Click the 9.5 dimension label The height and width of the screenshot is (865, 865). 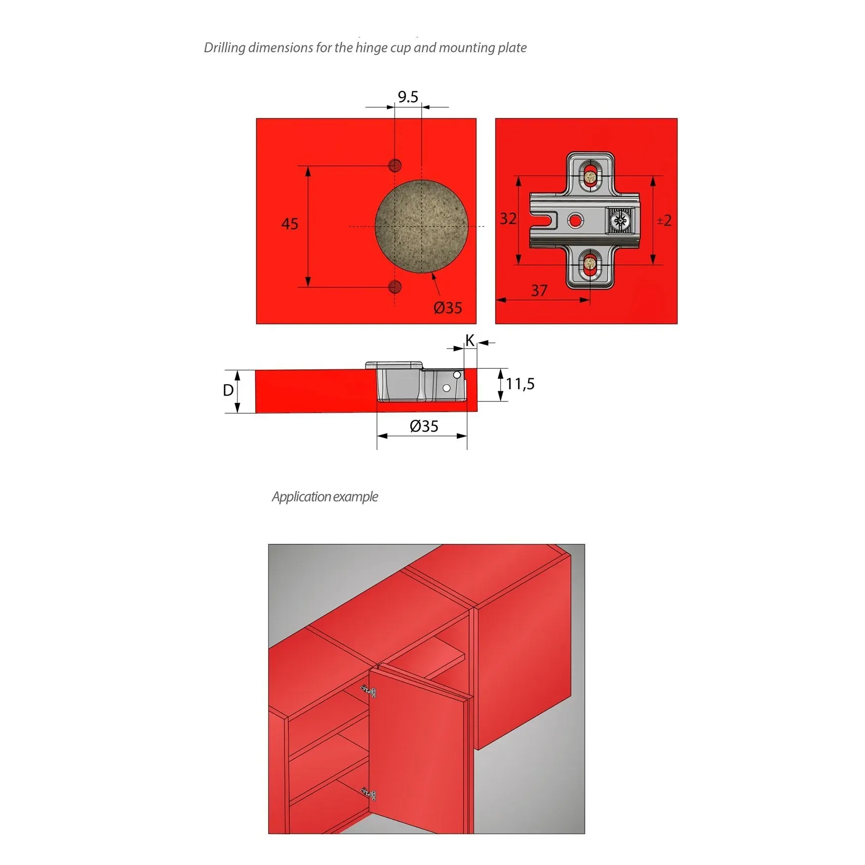(408, 97)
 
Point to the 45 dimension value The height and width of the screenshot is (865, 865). (290, 224)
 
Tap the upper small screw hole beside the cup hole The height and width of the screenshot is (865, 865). (395, 165)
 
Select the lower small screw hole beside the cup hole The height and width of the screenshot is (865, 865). (395, 286)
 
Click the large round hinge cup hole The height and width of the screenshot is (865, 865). (421, 226)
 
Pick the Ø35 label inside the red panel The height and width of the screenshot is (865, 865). (448, 308)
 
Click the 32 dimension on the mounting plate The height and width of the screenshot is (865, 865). (508, 219)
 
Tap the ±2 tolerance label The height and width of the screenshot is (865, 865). (664, 220)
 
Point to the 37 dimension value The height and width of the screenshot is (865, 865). (539, 290)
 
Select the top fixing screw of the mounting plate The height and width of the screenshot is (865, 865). (590, 176)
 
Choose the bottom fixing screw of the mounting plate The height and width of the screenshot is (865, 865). (590, 264)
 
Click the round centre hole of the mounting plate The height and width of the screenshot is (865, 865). (575, 220)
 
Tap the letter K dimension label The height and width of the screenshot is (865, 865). (470, 340)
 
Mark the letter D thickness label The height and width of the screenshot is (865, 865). (228, 391)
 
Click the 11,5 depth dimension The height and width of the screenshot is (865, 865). (520, 384)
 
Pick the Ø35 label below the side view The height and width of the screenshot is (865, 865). (424, 426)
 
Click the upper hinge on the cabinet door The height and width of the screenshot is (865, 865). (368, 691)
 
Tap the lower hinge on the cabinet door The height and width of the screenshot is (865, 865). (368, 794)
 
